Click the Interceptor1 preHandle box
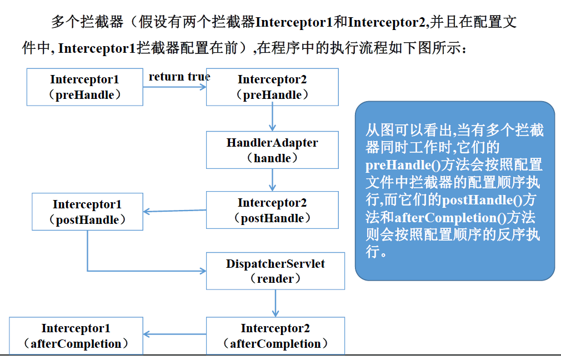[x=85, y=87]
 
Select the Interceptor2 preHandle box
[x=272, y=87]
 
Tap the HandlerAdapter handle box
[x=272, y=150]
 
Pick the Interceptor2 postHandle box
[x=272, y=210]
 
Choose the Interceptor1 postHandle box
[x=87, y=212]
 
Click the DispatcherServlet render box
[x=276, y=271]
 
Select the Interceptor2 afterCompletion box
[x=276, y=336]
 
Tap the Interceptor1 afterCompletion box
[x=76, y=336]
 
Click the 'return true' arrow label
[x=179, y=77]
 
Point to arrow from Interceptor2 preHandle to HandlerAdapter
[x=273, y=118]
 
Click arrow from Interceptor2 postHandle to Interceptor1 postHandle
[x=174, y=211]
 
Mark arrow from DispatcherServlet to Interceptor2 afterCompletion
[x=275, y=303]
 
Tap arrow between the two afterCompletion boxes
[x=174, y=334]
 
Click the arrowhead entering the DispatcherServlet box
[x=203, y=271]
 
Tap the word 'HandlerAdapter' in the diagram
[x=272, y=143]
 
